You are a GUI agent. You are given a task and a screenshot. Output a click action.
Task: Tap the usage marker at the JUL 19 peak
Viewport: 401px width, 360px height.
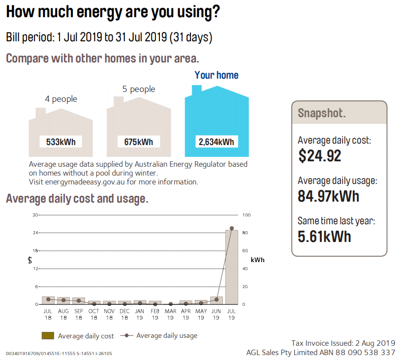(x=232, y=228)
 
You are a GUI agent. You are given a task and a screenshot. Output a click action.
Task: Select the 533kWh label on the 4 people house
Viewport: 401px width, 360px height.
(x=61, y=142)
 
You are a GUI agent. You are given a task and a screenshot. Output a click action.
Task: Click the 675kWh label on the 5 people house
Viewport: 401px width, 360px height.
(x=139, y=142)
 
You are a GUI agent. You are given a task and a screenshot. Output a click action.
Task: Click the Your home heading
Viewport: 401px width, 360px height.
(x=216, y=75)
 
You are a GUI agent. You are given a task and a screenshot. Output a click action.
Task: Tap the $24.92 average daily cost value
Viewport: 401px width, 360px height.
(x=319, y=156)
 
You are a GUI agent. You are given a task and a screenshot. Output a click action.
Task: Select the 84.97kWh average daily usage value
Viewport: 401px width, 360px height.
(x=328, y=196)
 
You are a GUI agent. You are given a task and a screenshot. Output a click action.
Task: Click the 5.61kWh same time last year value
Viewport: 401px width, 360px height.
(x=324, y=237)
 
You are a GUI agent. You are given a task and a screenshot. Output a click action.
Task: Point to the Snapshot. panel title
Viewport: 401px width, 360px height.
(x=322, y=113)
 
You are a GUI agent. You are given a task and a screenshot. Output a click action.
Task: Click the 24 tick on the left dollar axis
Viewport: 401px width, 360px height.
(x=35, y=233)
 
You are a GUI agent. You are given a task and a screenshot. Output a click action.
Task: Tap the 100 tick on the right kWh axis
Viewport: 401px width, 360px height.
(x=247, y=215)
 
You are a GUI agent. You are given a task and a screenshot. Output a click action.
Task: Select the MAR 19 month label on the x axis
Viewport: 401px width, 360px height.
(x=170, y=314)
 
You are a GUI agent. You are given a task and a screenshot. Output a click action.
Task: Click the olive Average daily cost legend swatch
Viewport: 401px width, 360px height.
(x=48, y=336)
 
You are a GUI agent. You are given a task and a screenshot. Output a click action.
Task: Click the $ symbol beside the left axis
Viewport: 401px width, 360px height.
(x=30, y=260)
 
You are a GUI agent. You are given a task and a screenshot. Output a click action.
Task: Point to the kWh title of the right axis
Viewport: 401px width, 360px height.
(x=257, y=260)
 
